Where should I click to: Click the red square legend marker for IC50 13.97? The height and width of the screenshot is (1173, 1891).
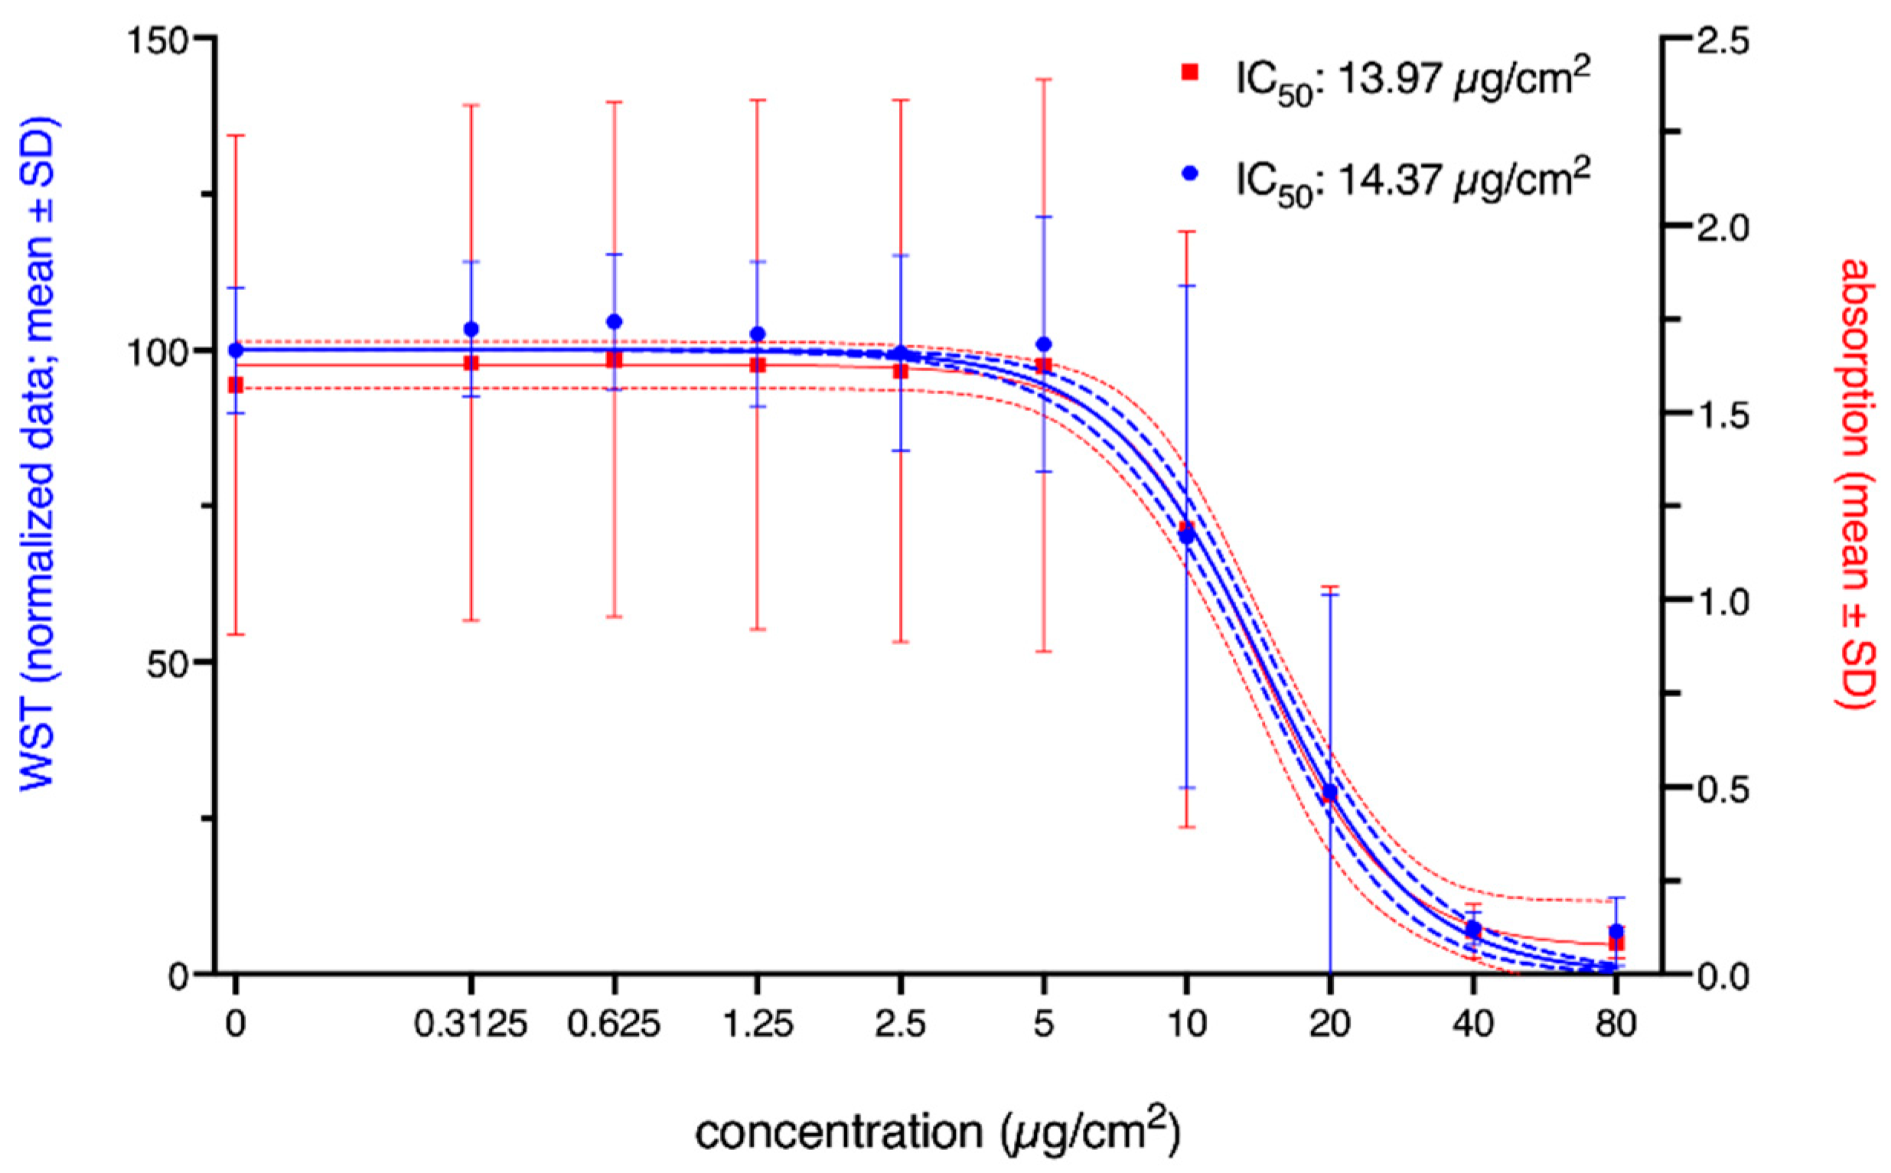pyautogui.click(x=1189, y=72)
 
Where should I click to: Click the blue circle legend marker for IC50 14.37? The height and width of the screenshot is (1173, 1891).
pyautogui.click(x=1189, y=175)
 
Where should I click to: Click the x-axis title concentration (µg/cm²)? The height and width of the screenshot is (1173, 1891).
pyautogui.click(x=937, y=1133)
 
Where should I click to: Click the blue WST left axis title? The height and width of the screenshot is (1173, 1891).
pyautogui.click(x=40, y=455)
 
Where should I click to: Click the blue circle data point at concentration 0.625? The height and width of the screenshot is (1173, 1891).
pyautogui.click(x=614, y=321)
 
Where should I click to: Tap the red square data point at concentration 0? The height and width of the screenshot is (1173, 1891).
pyautogui.click(x=236, y=385)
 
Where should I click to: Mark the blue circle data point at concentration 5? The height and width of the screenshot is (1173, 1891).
pyautogui.click(x=1044, y=344)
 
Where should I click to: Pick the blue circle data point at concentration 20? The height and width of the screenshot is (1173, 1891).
pyautogui.click(x=1330, y=792)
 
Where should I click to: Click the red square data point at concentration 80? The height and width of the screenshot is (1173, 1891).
pyautogui.click(x=1616, y=943)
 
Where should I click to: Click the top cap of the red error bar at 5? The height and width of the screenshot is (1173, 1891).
pyautogui.click(x=1044, y=79)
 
